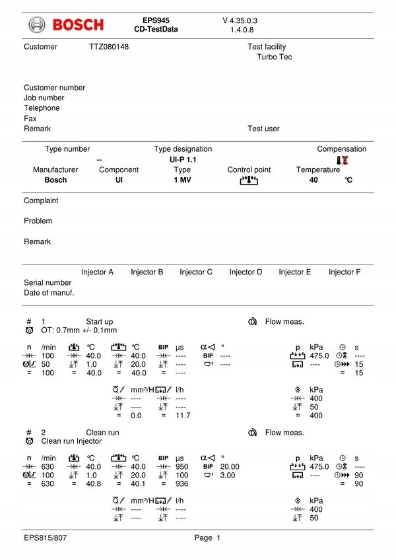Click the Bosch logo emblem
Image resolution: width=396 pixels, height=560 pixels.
pos(38,25)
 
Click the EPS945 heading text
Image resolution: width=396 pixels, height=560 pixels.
pos(156,20)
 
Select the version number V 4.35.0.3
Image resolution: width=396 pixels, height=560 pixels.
pos(240,20)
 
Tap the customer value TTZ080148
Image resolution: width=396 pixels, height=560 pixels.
pos(109,47)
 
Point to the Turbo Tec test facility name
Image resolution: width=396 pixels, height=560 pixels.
pos(275,57)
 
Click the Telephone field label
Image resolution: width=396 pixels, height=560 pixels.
pos(42,108)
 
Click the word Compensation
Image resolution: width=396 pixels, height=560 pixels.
pos(341,149)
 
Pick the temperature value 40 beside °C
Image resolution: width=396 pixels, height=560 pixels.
pos(313,179)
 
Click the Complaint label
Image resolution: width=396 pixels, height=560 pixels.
pos(41,201)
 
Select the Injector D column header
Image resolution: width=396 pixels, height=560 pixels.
pos(246,272)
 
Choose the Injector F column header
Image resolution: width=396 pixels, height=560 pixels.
pos(345,272)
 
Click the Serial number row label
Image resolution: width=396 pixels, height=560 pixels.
pos(48,282)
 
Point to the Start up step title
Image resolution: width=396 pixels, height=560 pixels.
pos(99,322)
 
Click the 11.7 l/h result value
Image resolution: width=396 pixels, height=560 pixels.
pos(183,416)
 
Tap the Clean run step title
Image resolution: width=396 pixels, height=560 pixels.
pos(102,433)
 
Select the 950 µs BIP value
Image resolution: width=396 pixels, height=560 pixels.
pos(182,466)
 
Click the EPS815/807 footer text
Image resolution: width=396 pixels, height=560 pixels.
pos(45,538)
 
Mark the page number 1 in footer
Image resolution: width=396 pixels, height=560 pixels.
pos(218,538)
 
